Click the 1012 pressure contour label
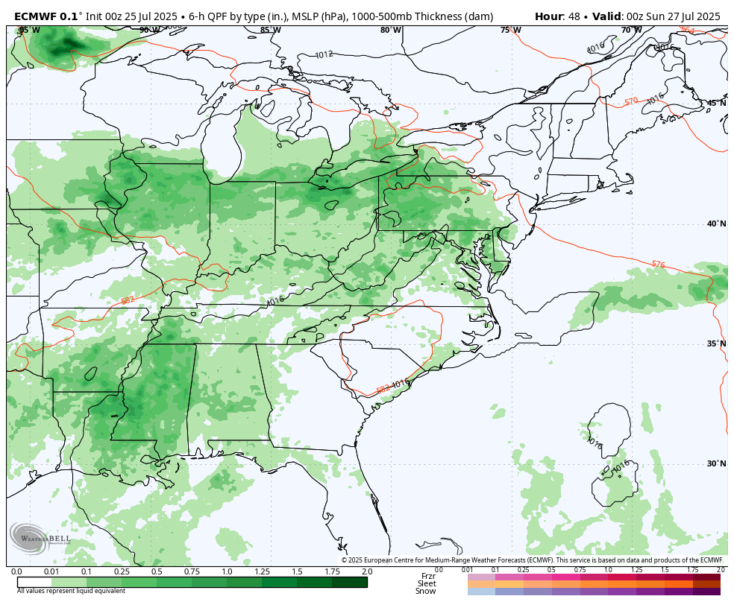point(324,54)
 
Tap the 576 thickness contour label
point(658,264)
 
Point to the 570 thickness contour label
point(631,101)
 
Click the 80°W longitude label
point(390,30)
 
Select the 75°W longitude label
point(510,30)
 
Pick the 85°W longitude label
point(270,30)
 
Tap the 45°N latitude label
point(716,103)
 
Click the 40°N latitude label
point(716,224)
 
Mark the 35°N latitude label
point(716,343)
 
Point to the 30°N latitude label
point(716,463)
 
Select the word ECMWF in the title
point(36,16)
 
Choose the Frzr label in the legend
point(428,576)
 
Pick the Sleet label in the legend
point(427,583)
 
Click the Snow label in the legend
point(426,592)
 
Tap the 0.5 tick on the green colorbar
point(157,571)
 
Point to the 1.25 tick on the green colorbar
point(262,571)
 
